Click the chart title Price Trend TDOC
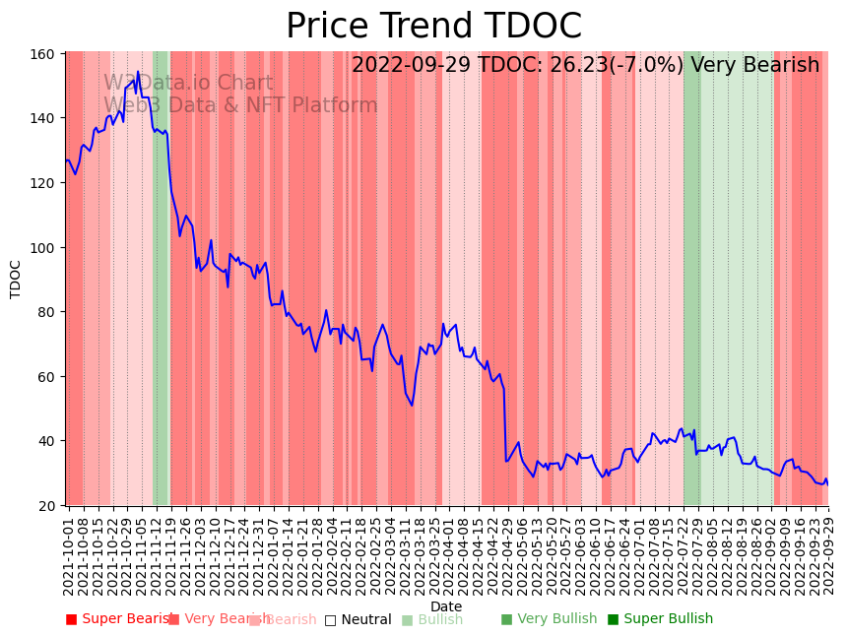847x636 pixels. click(433, 27)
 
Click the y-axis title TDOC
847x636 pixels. click(16, 279)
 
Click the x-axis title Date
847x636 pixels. click(445, 607)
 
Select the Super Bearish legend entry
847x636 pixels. click(119, 619)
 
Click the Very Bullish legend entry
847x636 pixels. click(549, 619)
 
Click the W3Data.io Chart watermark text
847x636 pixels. click(188, 84)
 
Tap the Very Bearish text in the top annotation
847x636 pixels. click(754, 66)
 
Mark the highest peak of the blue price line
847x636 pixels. click(139, 72)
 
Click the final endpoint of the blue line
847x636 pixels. click(827, 484)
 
